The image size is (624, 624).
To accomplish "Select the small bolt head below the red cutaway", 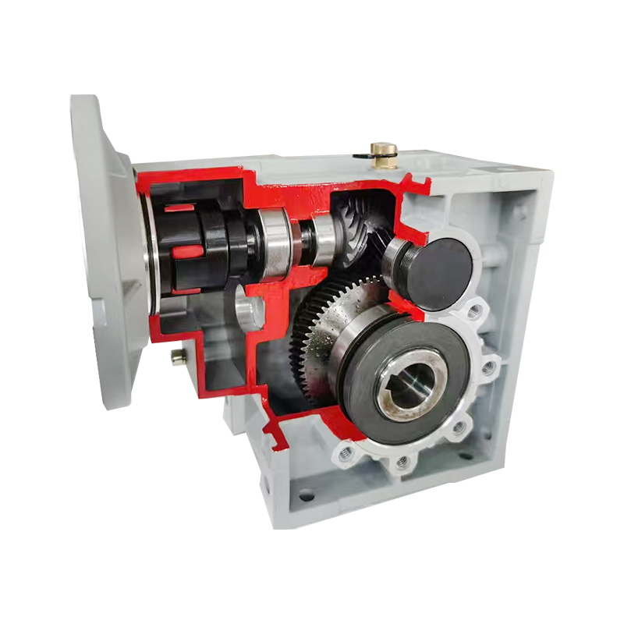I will (177, 356).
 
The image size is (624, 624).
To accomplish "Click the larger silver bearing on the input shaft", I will (275, 243).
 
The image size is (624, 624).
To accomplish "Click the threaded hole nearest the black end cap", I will (474, 312).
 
